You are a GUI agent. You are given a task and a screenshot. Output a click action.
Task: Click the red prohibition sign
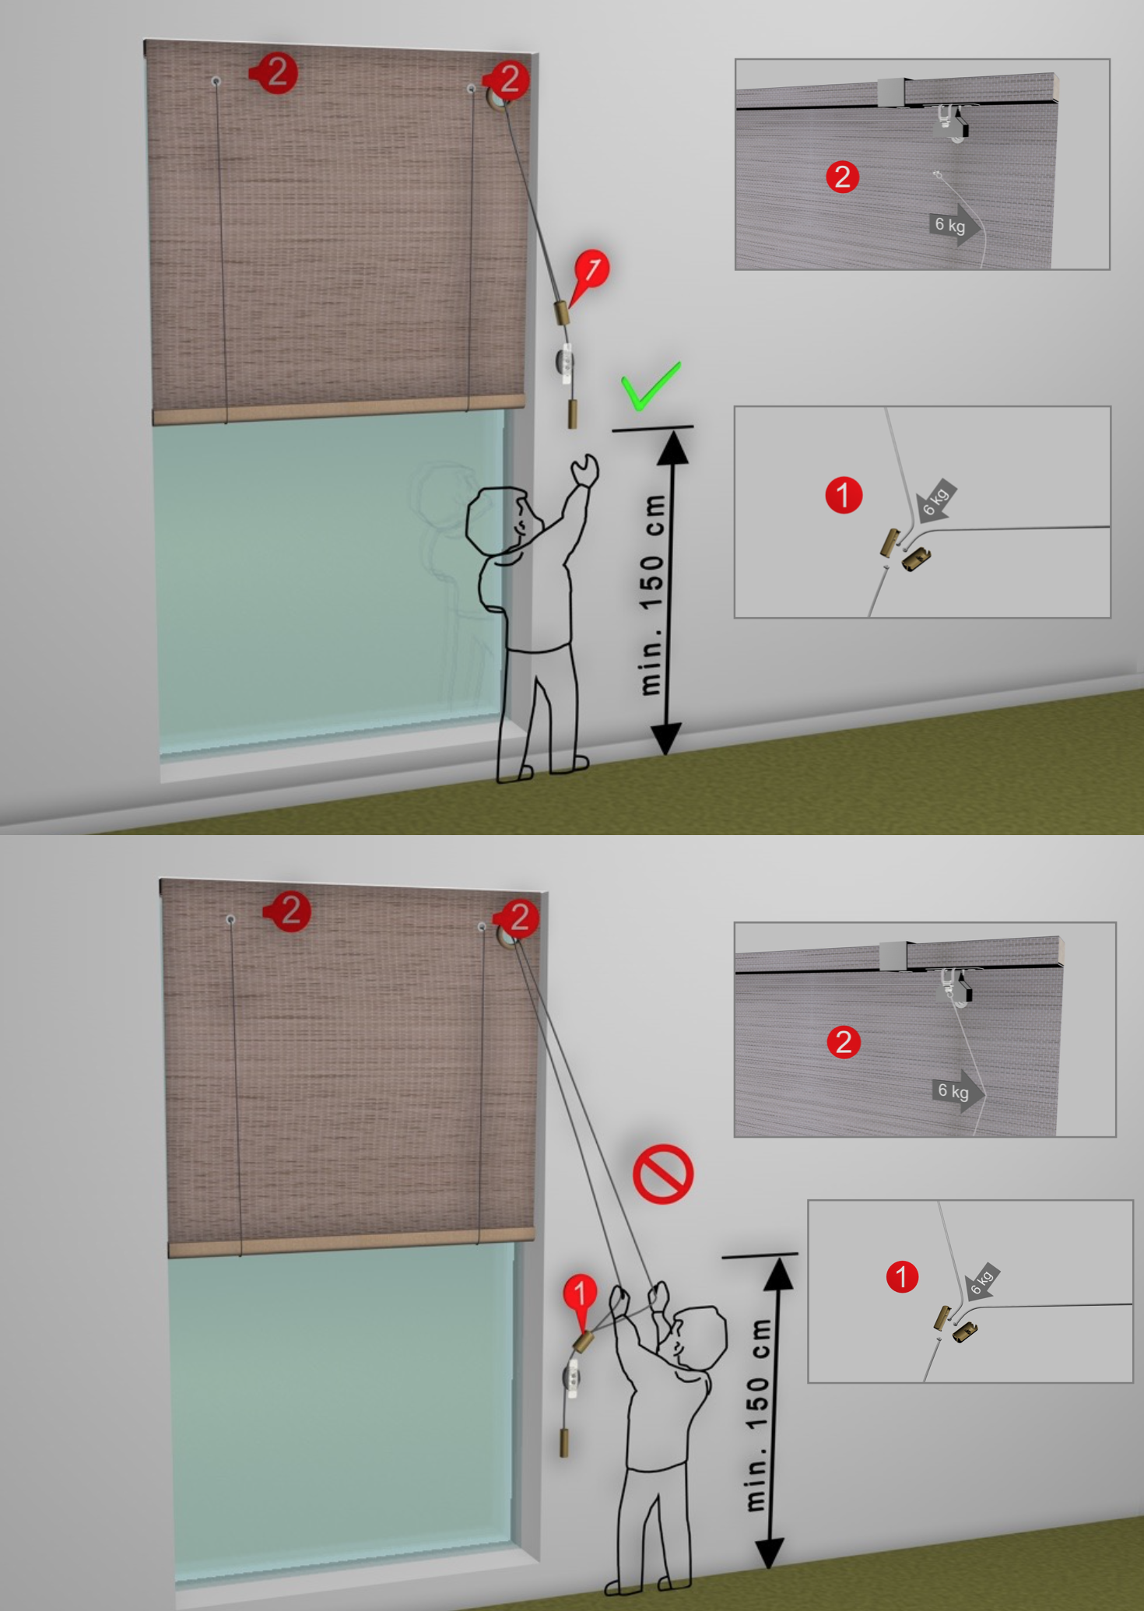pos(663,1174)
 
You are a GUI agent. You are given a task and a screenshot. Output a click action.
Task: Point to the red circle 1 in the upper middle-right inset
pos(844,495)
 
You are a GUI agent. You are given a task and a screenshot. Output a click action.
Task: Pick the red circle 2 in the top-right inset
pos(842,177)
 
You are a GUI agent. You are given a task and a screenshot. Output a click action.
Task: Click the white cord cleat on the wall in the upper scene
pos(566,363)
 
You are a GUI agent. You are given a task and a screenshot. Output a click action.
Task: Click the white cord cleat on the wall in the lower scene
pos(573,1381)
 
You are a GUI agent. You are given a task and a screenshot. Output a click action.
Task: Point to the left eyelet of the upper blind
pos(216,81)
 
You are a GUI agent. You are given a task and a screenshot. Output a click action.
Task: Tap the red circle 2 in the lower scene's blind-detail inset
pos(844,1042)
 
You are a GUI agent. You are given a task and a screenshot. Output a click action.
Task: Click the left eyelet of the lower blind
pos(230,920)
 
